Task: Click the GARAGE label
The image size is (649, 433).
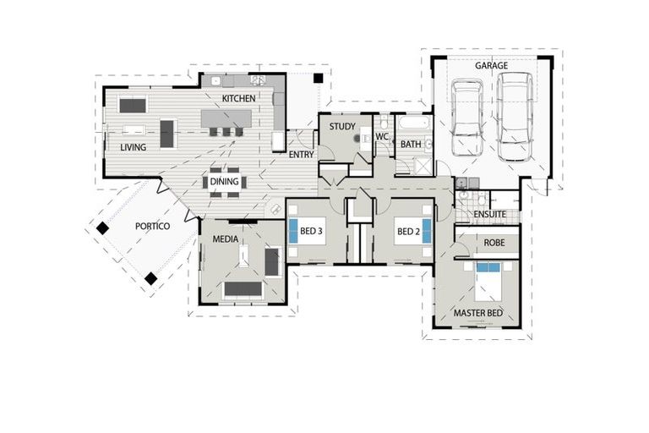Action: pos(491,65)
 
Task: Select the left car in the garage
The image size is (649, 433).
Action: pos(466,118)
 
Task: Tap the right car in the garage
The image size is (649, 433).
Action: pos(514,116)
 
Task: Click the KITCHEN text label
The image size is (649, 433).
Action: pos(238,99)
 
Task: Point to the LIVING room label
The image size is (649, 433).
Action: pos(133,147)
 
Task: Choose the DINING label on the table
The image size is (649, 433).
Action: pos(224,181)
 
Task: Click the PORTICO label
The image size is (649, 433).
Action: pos(153,226)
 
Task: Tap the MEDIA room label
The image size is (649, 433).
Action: pos(225,239)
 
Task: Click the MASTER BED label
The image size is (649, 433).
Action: pos(478,313)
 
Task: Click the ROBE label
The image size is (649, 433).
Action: pos(495,242)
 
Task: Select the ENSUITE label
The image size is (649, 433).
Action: pos(489,215)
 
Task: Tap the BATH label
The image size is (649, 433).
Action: pos(411,145)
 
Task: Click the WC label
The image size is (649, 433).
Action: pos(382,135)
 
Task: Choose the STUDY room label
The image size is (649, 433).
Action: pos(342,127)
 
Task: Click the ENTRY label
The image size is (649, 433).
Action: pos(302,155)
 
